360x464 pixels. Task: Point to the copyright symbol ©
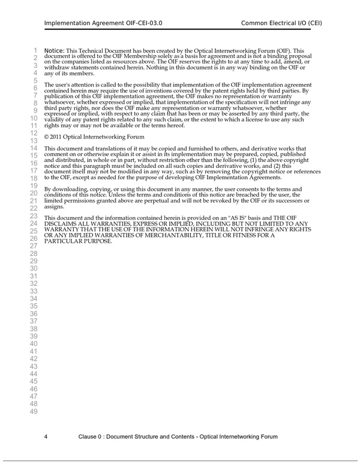point(47,137)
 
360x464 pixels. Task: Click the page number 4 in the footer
point(46,436)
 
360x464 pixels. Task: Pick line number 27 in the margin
point(34,246)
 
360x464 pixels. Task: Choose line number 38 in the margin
point(34,329)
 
